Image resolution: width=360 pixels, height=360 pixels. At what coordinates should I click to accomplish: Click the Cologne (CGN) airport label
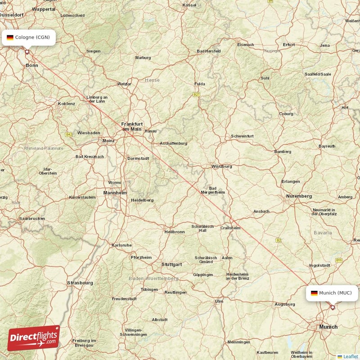tap(29, 37)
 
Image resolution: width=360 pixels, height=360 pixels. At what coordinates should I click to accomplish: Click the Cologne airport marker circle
tap(27, 52)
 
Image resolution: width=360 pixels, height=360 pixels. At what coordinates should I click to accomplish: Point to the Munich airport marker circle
tap(333, 307)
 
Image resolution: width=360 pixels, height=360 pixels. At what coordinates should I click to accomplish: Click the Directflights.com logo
tap(33, 338)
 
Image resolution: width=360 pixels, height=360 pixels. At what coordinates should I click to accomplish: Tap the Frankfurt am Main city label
tap(132, 126)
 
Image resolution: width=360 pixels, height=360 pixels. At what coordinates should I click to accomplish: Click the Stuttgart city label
tap(171, 264)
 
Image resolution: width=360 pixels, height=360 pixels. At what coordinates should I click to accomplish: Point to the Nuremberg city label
tap(299, 196)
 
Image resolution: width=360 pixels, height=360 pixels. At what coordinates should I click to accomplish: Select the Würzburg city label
tap(221, 166)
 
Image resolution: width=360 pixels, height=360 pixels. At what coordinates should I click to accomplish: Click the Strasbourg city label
tap(80, 283)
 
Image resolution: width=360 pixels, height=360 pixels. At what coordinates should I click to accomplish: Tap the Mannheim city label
tap(115, 193)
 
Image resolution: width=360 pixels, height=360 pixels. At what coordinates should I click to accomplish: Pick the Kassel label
tap(189, 4)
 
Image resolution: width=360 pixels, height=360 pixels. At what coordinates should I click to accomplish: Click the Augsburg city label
tap(284, 305)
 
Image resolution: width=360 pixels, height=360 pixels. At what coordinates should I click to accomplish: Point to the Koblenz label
tap(66, 103)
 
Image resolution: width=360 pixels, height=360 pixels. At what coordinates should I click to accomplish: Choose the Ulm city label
tap(219, 301)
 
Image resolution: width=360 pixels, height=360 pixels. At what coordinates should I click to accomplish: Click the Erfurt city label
tap(288, 45)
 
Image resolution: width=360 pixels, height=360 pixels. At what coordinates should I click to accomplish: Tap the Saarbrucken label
tap(32, 218)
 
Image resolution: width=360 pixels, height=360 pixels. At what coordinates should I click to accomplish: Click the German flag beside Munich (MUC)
tap(314, 293)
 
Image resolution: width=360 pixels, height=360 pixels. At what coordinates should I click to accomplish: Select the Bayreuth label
tap(327, 146)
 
